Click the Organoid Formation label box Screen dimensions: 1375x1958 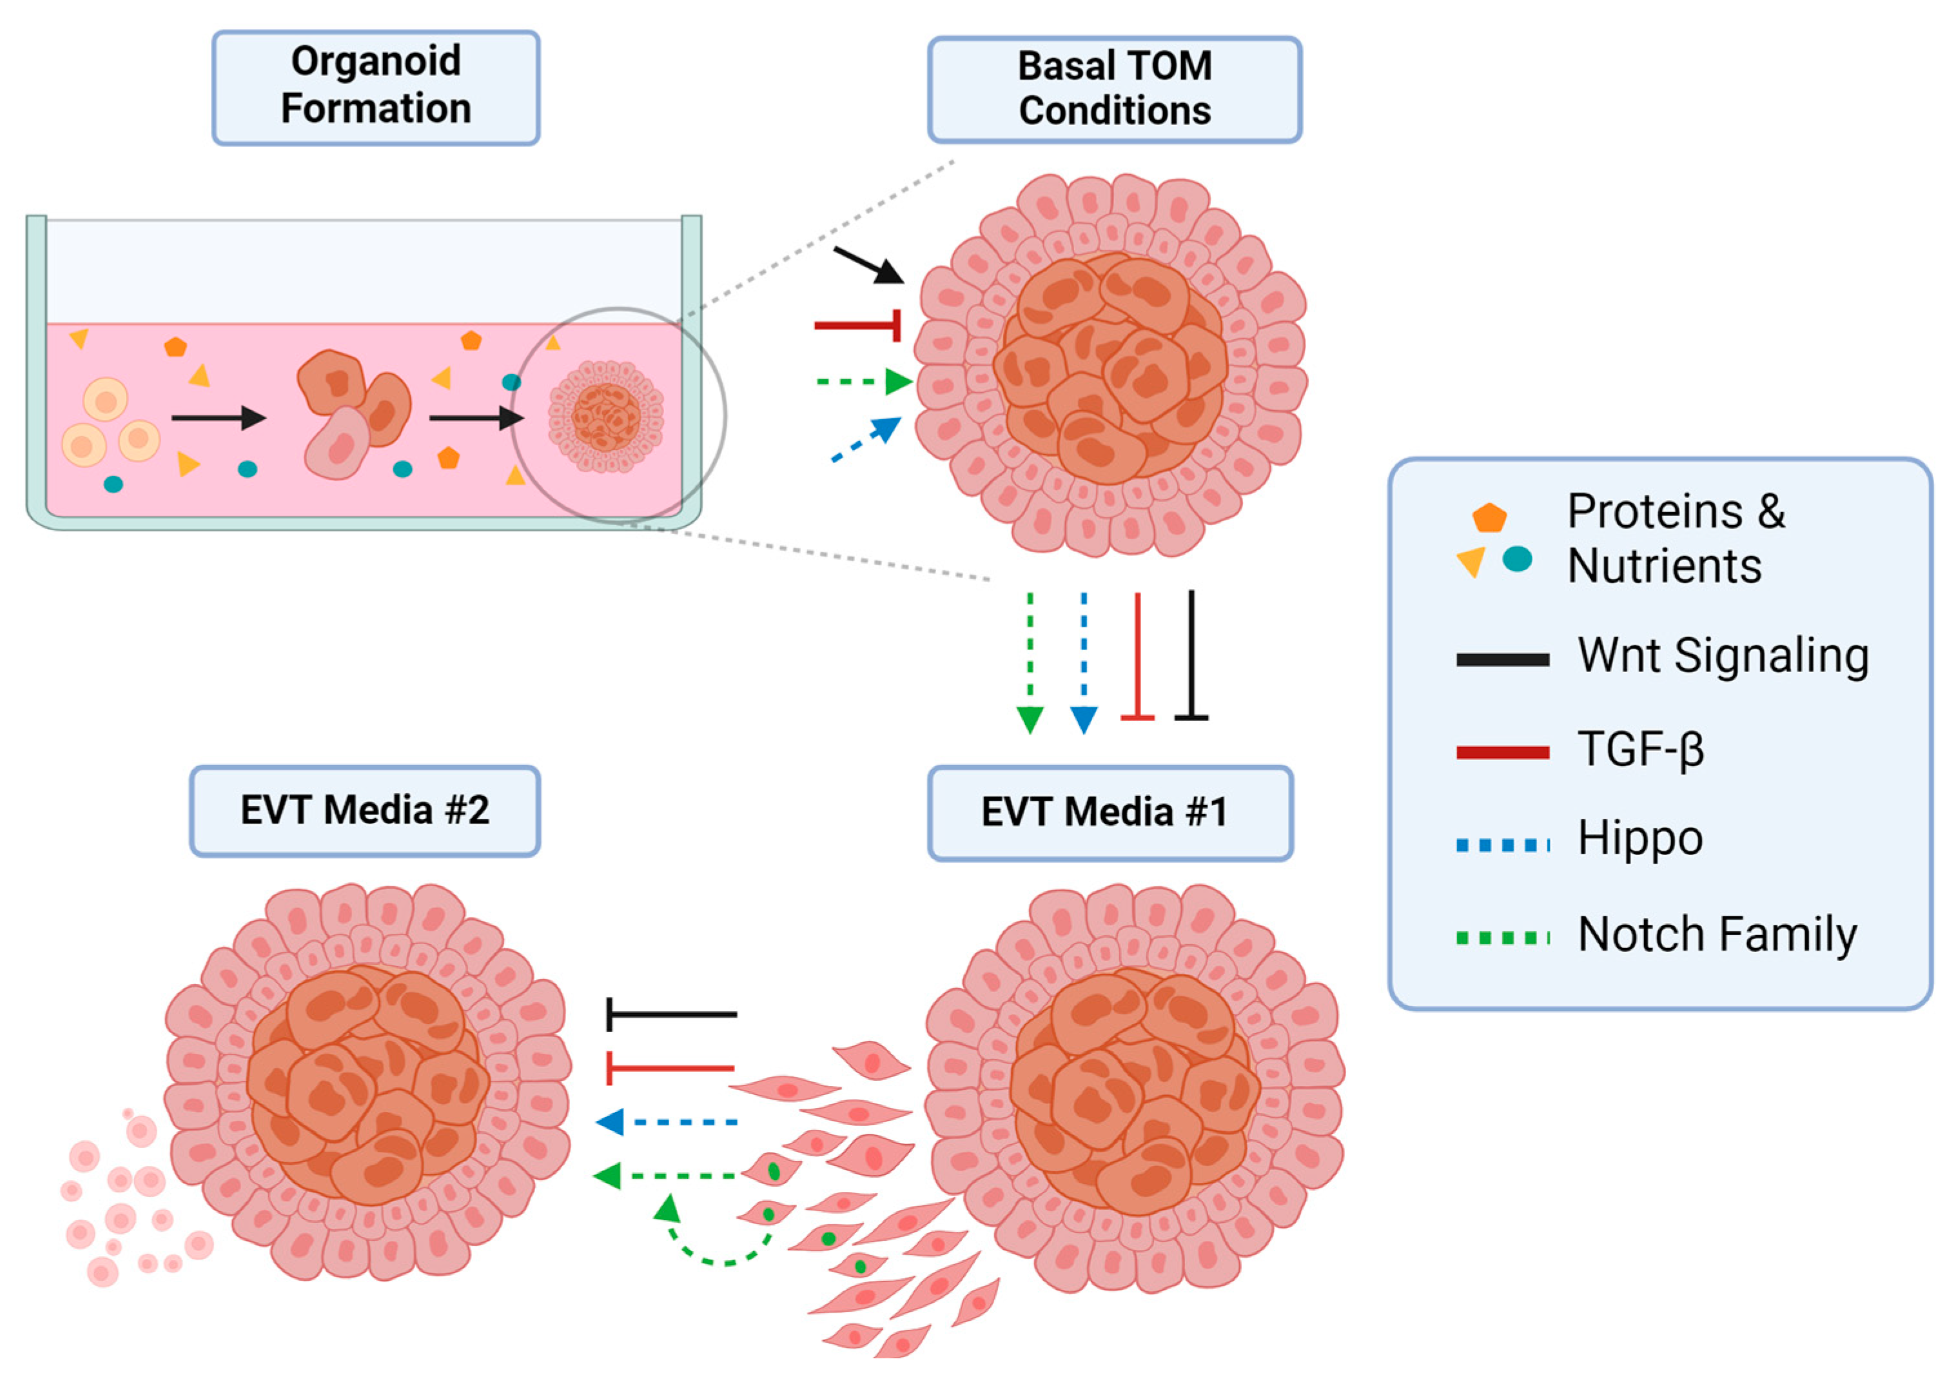(x=375, y=87)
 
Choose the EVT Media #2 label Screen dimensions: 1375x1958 (x=364, y=810)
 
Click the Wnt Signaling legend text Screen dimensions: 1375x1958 (x=1723, y=657)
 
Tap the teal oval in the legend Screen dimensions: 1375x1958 (x=1516, y=560)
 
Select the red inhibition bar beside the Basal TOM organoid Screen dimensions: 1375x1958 (x=857, y=325)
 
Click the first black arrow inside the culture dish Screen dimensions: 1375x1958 (x=219, y=418)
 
